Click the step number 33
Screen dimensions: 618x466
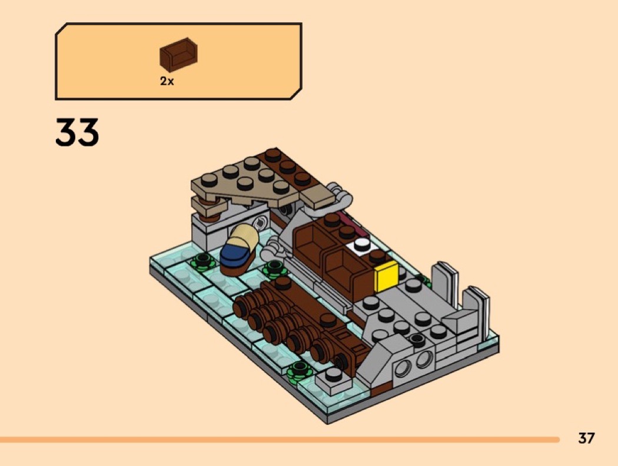[x=77, y=132]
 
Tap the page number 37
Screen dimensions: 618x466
[x=586, y=438]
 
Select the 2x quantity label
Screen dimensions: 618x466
[x=167, y=82]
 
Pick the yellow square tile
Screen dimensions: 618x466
[x=386, y=276]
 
